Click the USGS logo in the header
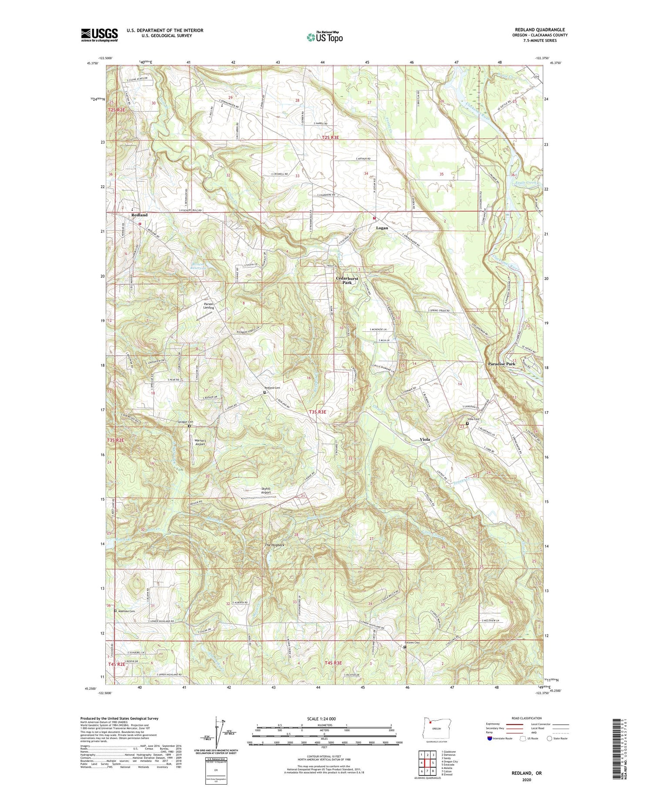pos(99,35)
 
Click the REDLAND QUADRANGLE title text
pos(540,30)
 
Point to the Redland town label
pos(139,215)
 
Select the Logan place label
pos(382,228)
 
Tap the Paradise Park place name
pos(502,364)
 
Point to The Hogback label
pos(275,545)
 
